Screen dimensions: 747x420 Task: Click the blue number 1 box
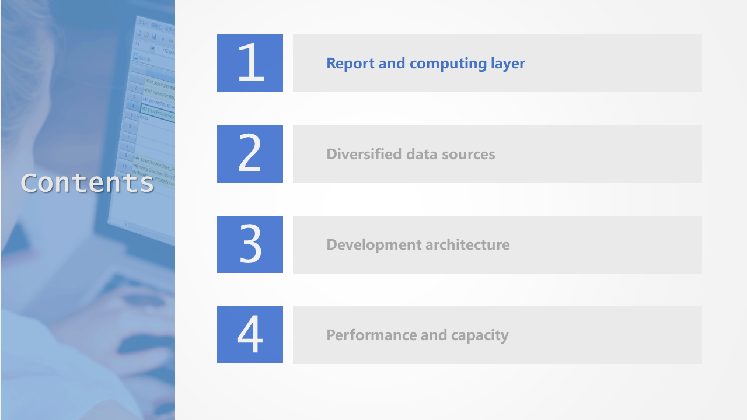pos(250,63)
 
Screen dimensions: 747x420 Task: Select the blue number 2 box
pos(250,154)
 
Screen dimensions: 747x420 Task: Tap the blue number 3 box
pos(250,244)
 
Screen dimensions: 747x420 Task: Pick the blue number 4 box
pos(250,335)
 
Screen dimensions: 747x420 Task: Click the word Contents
pos(88,183)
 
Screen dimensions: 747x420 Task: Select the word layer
pos(508,64)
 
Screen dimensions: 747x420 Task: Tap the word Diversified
pos(364,154)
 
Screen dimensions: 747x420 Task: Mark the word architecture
pos(468,244)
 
